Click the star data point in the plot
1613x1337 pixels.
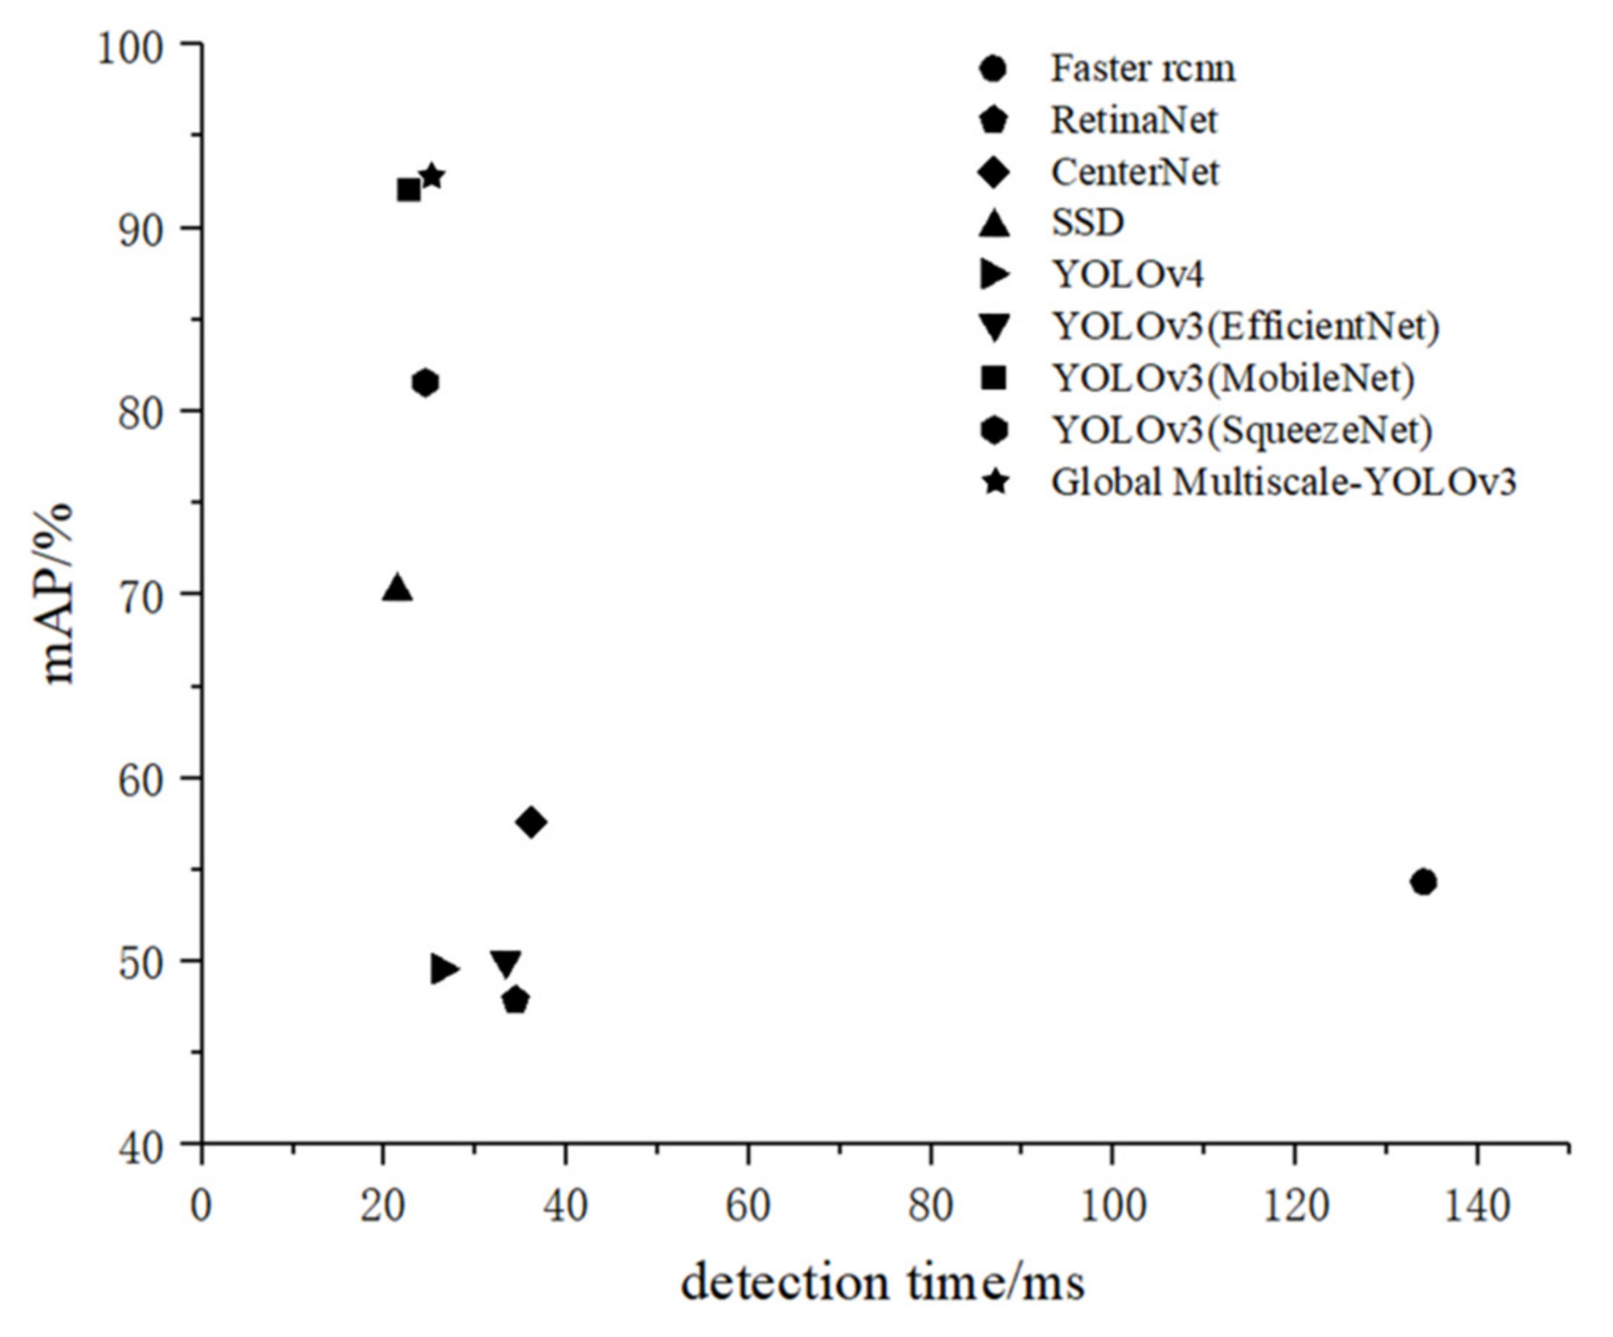[x=432, y=177]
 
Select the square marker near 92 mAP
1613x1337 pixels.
[x=409, y=190]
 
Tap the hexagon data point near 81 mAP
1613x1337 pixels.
[x=426, y=382]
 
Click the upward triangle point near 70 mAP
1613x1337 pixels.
[x=397, y=588]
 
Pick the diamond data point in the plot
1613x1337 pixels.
[x=531, y=822]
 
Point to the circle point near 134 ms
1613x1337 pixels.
[x=1423, y=882]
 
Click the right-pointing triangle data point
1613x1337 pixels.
[x=444, y=969]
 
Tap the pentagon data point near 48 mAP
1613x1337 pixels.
[x=515, y=1001]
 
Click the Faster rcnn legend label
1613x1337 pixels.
[x=1142, y=69]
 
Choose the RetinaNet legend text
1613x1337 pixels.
[x=1133, y=120]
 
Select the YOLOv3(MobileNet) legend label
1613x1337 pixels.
[x=1233, y=378]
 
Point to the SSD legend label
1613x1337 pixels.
[x=1087, y=223]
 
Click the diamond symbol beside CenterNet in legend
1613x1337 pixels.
[x=996, y=172]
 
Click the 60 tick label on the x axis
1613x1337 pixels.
[x=747, y=1206]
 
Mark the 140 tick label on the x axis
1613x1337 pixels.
[x=1477, y=1206]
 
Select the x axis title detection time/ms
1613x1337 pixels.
[x=882, y=1283]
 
